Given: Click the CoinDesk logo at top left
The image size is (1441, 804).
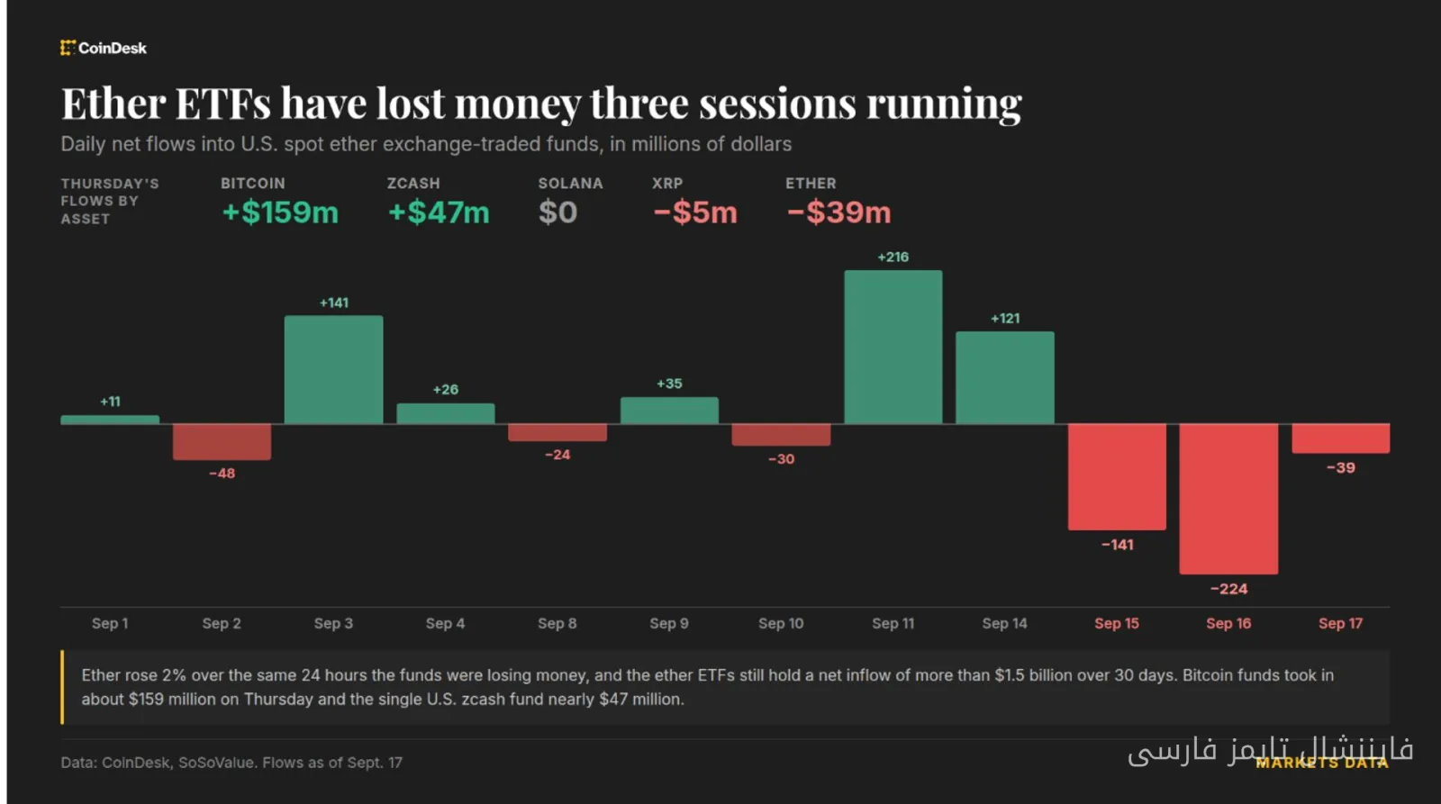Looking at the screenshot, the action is (x=104, y=49).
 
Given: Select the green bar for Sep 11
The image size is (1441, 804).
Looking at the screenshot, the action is (x=893, y=347).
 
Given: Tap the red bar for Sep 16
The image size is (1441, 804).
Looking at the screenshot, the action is (x=1228, y=499).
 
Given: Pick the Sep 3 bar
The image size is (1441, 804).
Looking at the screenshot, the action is (x=334, y=369).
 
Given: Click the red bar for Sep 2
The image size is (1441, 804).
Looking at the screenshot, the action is (x=222, y=441).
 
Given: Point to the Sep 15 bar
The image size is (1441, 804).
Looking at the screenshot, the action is (x=1117, y=476).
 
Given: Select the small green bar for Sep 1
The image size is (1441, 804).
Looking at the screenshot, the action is (x=110, y=420).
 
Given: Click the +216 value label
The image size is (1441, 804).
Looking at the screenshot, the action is (x=893, y=257).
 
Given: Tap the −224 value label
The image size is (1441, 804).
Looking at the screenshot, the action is (x=1228, y=589).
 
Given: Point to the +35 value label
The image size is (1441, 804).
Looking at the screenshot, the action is (x=669, y=384).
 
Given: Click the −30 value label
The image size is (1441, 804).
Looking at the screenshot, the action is (x=781, y=459).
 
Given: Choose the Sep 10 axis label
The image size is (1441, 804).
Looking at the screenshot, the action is (x=781, y=623).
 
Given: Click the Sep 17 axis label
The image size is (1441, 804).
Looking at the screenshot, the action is (x=1341, y=623).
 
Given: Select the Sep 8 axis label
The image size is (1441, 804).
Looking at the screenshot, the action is (x=557, y=623).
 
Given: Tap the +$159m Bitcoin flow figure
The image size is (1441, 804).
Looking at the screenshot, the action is (x=280, y=212).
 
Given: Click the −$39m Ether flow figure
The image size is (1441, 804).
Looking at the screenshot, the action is (x=838, y=212).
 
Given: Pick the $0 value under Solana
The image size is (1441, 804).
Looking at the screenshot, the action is (x=557, y=212).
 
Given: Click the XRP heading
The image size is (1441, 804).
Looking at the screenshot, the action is (x=667, y=184).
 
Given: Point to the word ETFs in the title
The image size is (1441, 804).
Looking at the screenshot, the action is (x=222, y=103).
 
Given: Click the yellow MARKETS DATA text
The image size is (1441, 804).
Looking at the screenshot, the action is (x=1322, y=763).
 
